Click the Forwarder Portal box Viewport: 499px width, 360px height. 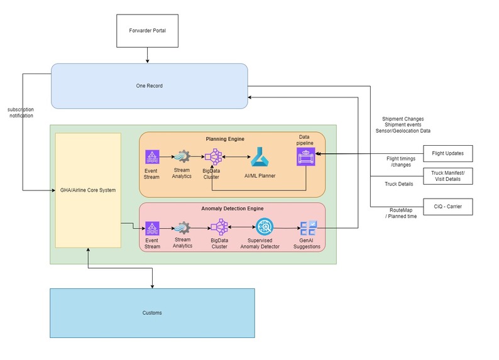(147, 30)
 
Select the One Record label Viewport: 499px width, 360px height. (150, 85)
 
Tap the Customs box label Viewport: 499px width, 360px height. (152, 313)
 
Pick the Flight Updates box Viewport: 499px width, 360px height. (447, 153)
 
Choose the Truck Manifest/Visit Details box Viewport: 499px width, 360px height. (447, 176)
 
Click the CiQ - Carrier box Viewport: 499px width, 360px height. (447, 206)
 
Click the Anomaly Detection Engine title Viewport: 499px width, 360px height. (232, 208)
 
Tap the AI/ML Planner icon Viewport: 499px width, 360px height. (260, 156)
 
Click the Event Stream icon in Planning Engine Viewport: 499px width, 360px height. (152, 156)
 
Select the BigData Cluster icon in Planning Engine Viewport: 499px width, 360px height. (213, 156)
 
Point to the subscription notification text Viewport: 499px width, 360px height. (21, 112)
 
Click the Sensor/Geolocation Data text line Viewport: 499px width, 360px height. (406, 131)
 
